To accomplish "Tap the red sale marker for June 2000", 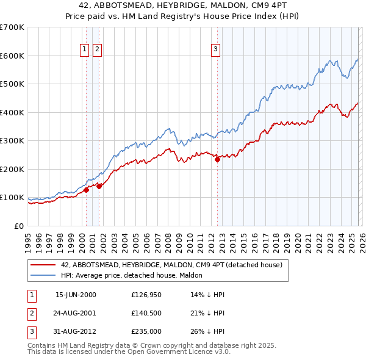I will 87,190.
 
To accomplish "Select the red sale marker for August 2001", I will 99,186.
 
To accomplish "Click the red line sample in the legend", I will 43,265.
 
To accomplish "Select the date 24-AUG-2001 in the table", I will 76,313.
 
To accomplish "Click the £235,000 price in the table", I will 146,331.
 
